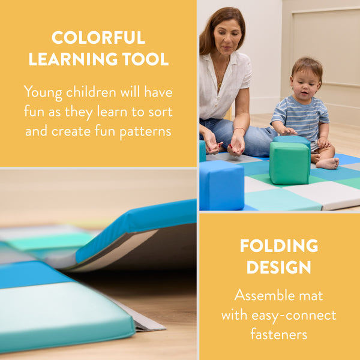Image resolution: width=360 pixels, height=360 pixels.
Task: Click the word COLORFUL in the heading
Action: pyautogui.click(x=98, y=38)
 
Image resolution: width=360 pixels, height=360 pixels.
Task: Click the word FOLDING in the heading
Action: pyautogui.click(x=279, y=246)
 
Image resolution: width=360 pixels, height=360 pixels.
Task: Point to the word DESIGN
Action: pyautogui.click(x=279, y=268)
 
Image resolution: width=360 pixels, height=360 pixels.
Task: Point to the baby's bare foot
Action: pyautogui.click(x=328, y=163)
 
